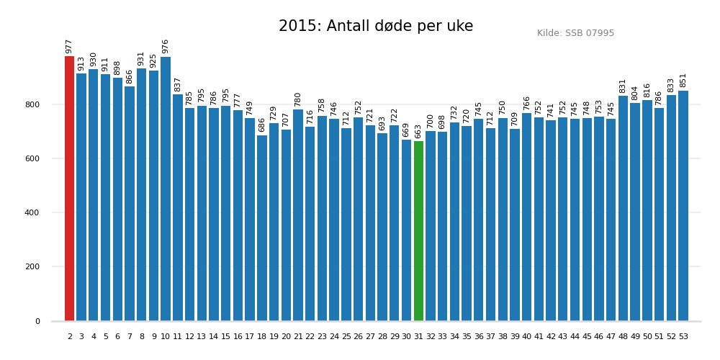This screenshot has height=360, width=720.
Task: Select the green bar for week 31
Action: pos(418,231)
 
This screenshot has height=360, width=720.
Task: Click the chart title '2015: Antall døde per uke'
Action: pos(376,27)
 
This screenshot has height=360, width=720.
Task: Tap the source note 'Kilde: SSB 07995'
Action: pos(575,33)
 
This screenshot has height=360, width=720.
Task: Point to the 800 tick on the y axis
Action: pos(32,104)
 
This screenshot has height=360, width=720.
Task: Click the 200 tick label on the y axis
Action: pos(32,267)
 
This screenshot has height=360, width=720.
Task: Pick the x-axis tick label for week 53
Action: pos(683,337)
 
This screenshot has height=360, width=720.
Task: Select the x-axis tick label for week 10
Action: pos(166,337)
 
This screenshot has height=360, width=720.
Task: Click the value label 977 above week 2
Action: pos(69,46)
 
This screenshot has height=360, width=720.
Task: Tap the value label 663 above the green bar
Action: pos(418,131)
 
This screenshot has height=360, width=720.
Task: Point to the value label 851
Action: pos(683,80)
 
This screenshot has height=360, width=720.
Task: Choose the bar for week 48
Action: pos(623,208)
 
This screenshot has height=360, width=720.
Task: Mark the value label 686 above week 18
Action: pos(262,125)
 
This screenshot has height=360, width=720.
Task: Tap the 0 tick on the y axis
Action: pos(37,321)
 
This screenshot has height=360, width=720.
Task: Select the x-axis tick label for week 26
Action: pos(358,337)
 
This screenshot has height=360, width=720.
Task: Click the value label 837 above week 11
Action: pos(178,84)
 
